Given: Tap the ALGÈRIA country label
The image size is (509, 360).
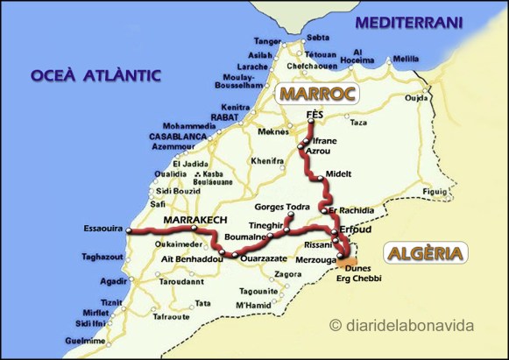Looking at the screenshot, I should pyautogui.click(x=427, y=254).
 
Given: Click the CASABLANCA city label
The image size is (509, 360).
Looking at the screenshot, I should pyautogui.click(x=178, y=138).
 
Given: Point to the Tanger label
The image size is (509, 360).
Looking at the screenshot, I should pyautogui.click(x=267, y=40).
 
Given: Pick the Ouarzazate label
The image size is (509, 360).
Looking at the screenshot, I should pyautogui.click(x=260, y=259).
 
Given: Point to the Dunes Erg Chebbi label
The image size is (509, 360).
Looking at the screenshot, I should pyautogui.click(x=359, y=274).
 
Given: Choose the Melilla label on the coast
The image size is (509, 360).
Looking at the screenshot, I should pyautogui.click(x=406, y=59).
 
